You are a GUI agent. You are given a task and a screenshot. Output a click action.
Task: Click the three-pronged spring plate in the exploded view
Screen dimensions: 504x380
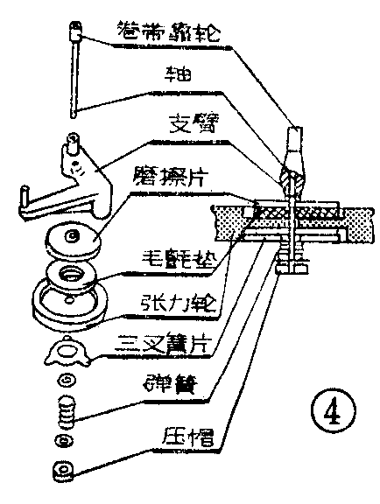(x=67, y=350)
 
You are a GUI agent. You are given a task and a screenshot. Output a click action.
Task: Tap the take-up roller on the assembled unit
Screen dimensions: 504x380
(x=292, y=145)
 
